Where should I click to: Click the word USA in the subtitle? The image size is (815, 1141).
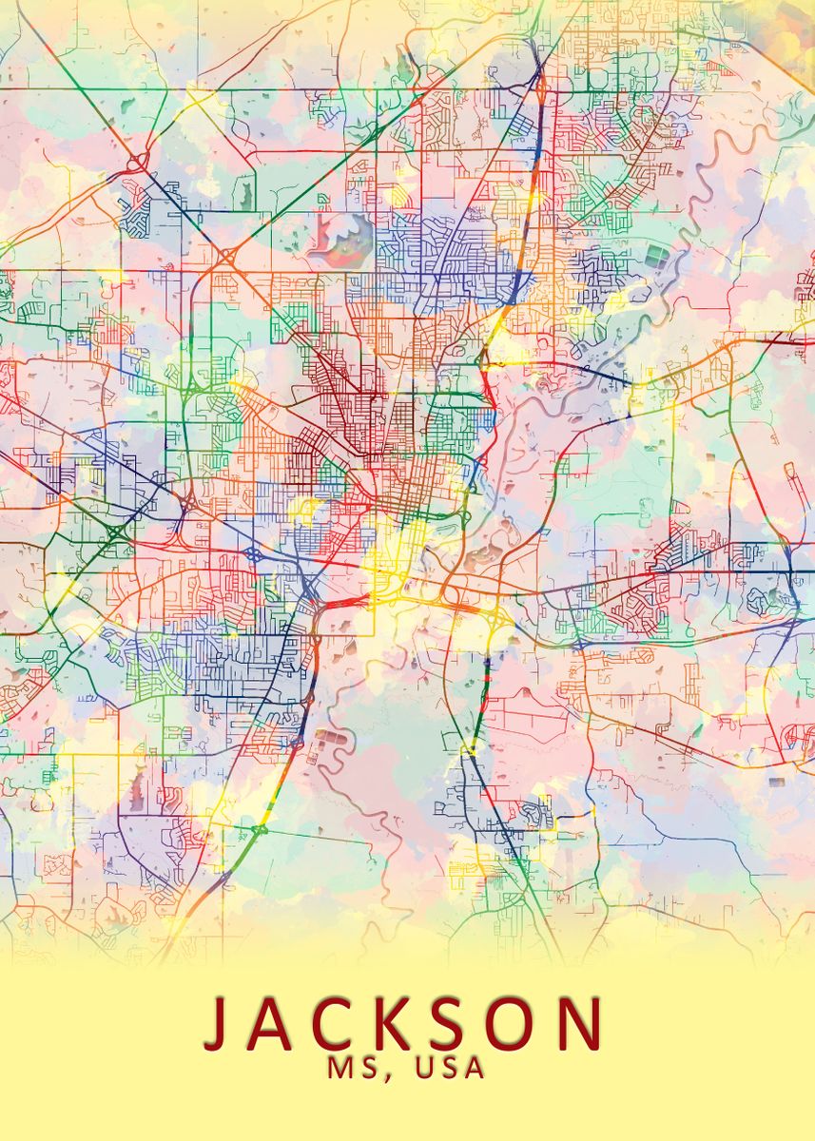tap(450, 1068)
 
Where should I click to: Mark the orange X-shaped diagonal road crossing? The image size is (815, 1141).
tap(228, 256)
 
